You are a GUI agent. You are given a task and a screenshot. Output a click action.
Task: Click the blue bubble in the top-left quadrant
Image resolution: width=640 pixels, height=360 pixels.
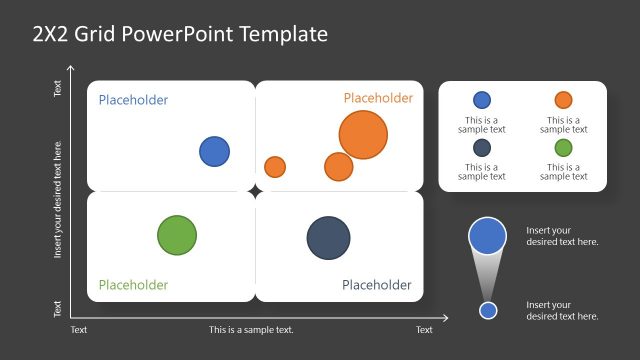(214, 152)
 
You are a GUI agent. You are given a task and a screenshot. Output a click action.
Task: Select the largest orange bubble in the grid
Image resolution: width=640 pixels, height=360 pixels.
(363, 136)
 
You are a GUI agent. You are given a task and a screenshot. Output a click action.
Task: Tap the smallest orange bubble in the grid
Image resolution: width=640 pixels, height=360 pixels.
(275, 167)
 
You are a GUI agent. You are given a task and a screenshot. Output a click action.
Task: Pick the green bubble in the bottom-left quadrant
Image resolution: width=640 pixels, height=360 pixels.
(177, 236)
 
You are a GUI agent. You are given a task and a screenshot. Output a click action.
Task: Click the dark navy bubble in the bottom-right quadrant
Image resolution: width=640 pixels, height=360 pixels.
(328, 238)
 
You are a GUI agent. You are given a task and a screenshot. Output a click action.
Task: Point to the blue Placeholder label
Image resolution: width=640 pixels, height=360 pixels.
(133, 100)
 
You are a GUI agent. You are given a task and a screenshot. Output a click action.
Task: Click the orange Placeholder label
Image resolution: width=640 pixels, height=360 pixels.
(378, 98)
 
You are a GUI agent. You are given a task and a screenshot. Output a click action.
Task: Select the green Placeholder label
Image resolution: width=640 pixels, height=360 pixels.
(133, 285)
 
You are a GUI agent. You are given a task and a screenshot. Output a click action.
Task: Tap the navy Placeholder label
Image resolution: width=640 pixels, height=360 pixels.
(377, 285)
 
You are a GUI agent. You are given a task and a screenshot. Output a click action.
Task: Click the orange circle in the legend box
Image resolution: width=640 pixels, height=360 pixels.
(563, 100)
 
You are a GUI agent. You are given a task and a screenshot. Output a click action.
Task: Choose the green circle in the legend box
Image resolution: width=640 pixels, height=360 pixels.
(563, 148)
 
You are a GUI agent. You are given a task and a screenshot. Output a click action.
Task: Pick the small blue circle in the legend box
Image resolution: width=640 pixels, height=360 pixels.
(482, 100)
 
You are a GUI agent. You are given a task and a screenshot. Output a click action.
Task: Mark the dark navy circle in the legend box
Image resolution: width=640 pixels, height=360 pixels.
(482, 148)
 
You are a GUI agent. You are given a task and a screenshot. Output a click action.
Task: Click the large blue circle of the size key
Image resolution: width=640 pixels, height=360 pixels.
(487, 236)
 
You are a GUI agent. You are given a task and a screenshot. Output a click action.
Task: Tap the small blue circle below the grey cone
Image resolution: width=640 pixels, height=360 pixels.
(488, 310)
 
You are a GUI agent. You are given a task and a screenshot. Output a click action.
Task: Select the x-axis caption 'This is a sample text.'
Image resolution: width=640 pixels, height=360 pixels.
(251, 330)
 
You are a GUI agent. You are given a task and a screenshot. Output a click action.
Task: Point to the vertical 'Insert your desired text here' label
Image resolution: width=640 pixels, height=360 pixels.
(58, 200)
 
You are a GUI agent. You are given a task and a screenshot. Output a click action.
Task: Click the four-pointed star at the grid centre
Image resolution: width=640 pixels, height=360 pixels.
(255, 190)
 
